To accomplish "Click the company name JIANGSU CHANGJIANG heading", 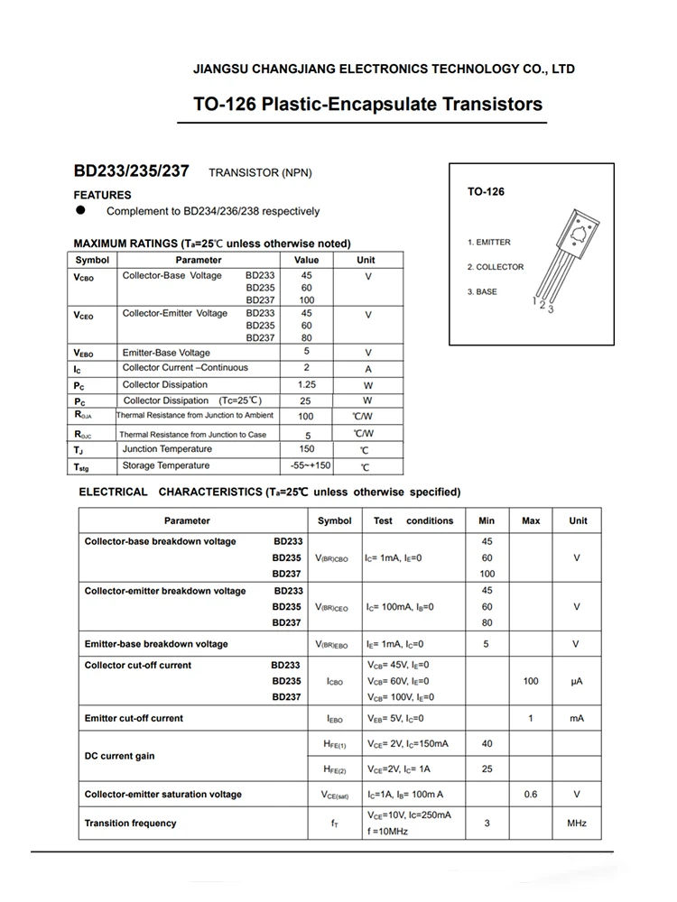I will click(x=384, y=69).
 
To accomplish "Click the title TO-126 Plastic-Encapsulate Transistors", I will click(x=367, y=104).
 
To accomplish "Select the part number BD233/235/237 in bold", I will click(x=131, y=170).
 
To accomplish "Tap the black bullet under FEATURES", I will click(x=80, y=210).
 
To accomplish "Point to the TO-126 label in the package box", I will click(x=486, y=192).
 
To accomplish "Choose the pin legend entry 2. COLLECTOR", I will click(x=495, y=267).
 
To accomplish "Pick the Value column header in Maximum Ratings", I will click(x=306, y=260).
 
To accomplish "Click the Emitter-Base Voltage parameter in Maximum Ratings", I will click(x=166, y=353).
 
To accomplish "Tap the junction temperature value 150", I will click(x=306, y=448).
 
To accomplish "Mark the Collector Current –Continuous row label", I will click(x=185, y=368).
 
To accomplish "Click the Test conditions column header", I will click(x=413, y=520).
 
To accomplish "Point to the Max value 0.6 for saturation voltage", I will click(x=531, y=795).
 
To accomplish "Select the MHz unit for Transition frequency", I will click(x=577, y=824).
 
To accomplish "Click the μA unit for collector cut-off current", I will click(x=577, y=681).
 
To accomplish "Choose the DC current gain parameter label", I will click(x=120, y=756).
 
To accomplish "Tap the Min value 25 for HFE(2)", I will click(x=487, y=769).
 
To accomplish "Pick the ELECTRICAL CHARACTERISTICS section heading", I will click(x=270, y=492).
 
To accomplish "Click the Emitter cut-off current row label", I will click(x=134, y=718).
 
